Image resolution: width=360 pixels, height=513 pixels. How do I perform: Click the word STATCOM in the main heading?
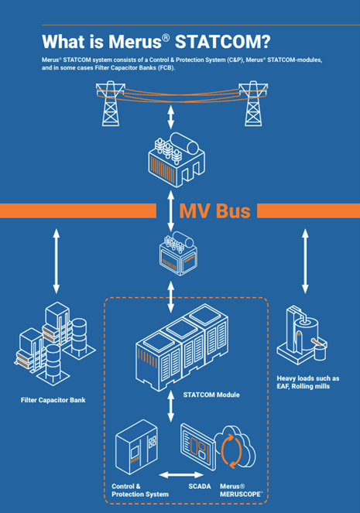[222, 42]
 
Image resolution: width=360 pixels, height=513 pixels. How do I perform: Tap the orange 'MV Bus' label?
[215, 211]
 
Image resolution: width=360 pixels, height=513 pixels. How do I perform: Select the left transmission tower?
[110, 104]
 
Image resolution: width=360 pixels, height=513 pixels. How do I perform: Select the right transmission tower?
[253, 104]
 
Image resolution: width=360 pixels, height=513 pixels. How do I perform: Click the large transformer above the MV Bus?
[177, 159]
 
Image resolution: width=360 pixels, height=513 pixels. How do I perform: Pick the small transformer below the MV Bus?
[178, 253]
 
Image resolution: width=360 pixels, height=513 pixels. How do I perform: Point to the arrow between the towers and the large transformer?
[171, 117]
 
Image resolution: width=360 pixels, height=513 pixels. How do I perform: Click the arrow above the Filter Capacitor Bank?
[57, 261]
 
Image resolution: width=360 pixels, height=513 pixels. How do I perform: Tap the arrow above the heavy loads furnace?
[305, 261]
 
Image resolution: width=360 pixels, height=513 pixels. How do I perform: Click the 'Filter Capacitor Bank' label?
[53, 400]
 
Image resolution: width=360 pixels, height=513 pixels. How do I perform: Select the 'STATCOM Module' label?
[211, 395]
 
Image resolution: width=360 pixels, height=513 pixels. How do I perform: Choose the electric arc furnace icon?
[302, 335]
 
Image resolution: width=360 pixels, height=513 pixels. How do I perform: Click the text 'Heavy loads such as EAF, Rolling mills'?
[308, 382]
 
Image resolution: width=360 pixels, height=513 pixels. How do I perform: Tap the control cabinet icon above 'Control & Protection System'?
[136, 446]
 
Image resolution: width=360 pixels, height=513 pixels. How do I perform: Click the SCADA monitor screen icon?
[198, 446]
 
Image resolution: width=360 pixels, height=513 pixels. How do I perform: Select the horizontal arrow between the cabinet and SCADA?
[181, 474]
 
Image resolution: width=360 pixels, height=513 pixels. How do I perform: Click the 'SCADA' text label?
[200, 486]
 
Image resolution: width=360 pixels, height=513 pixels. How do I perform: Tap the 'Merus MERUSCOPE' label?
[242, 490]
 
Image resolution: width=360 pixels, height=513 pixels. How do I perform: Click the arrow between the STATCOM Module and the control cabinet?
[171, 406]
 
